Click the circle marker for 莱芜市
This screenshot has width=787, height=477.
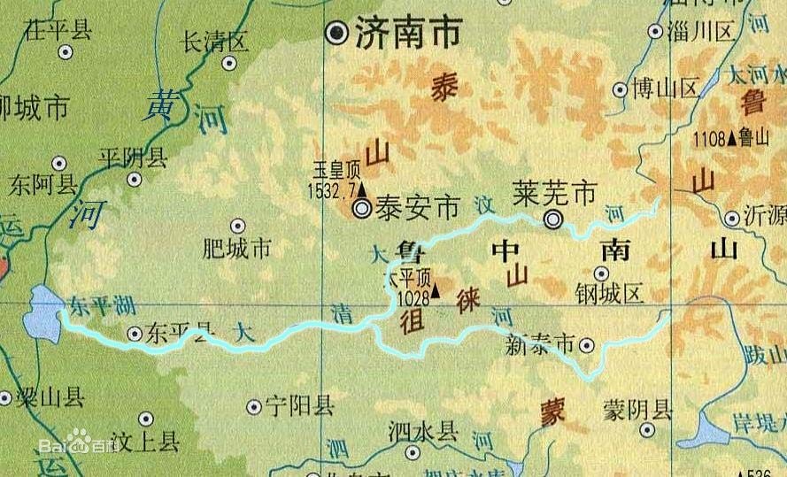click(x=553, y=220)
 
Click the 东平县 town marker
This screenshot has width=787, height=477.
click(x=134, y=334)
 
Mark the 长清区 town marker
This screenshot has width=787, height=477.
click(x=229, y=63)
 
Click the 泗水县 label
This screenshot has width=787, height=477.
click(x=423, y=431)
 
